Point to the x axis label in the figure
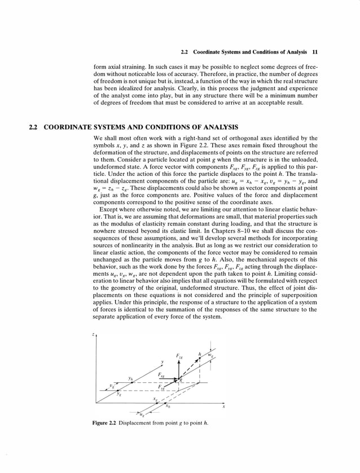pos(223,406)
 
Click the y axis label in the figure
pos(161,361)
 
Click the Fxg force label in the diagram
pos(162,375)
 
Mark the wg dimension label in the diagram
pos(212,356)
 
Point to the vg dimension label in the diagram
pos(112,386)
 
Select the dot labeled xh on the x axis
pos(166,403)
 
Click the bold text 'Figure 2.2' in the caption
pos(104,423)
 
